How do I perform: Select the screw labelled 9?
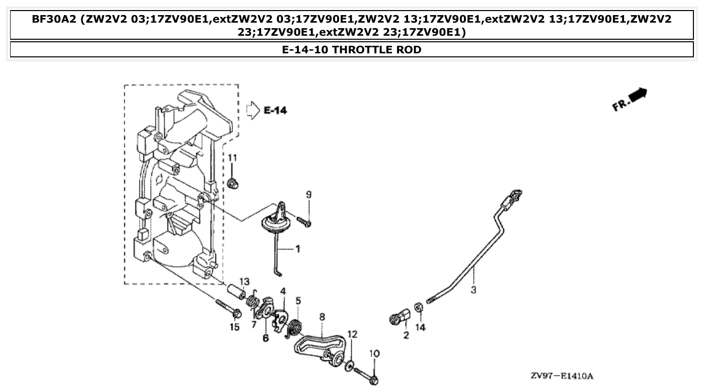(x=303, y=220)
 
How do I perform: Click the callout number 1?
(x=297, y=249)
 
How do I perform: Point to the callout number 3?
(x=474, y=290)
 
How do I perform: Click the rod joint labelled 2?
(x=401, y=317)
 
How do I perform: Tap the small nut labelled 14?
(x=418, y=307)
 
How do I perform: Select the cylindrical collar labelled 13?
(x=236, y=293)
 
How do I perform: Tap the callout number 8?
(x=322, y=317)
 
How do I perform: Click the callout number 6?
(x=266, y=338)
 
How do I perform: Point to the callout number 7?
(x=254, y=325)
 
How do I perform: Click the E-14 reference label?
(x=275, y=110)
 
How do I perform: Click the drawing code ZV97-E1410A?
(x=562, y=376)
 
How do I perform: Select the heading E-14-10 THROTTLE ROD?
(x=352, y=49)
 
